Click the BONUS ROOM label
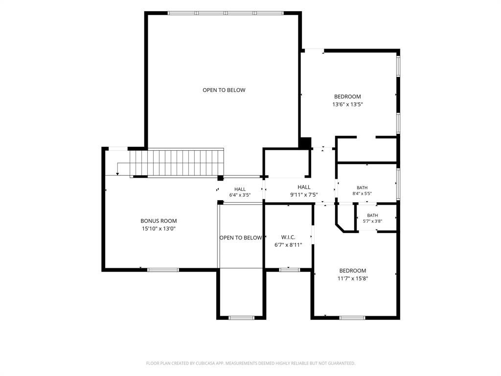pyautogui.click(x=159, y=221)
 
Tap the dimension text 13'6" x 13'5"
pyautogui.click(x=348, y=104)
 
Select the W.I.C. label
pyautogui.click(x=288, y=237)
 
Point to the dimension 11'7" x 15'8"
pyautogui.click(x=353, y=279)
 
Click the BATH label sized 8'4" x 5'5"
pyautogui.click(x=362, y=188)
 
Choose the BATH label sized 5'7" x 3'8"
pyautogui.click(x=372, y=215)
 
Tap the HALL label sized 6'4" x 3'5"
pyautogui.click(x=240, y=189)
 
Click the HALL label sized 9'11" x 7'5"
pyautogui.click(x=304, y=187)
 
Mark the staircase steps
pyautogui.click(x=176, y=163)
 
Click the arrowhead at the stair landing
pyautogui.click(x=117, y=174)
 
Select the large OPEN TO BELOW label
pyautogui.click(x=224, y=90)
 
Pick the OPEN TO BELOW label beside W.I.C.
pyautogui.click(x=241, y=237)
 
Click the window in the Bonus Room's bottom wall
pyautogui.click(x=163, y=270)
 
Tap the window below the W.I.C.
pyautogui.click(x=290, y=270)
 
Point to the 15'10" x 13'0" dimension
pyautogui.click(x=159, y=229)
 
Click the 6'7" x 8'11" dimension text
pyautogui.click(x=288, y=245)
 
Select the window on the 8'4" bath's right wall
pyautogui.click(x=398, y=184)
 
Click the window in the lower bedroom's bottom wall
pyautogui.click(x=352, y=318)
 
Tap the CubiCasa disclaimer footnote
pyautogui.click(x=250, y=363)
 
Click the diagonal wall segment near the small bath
pyautogui.click(x=340, y=228)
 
